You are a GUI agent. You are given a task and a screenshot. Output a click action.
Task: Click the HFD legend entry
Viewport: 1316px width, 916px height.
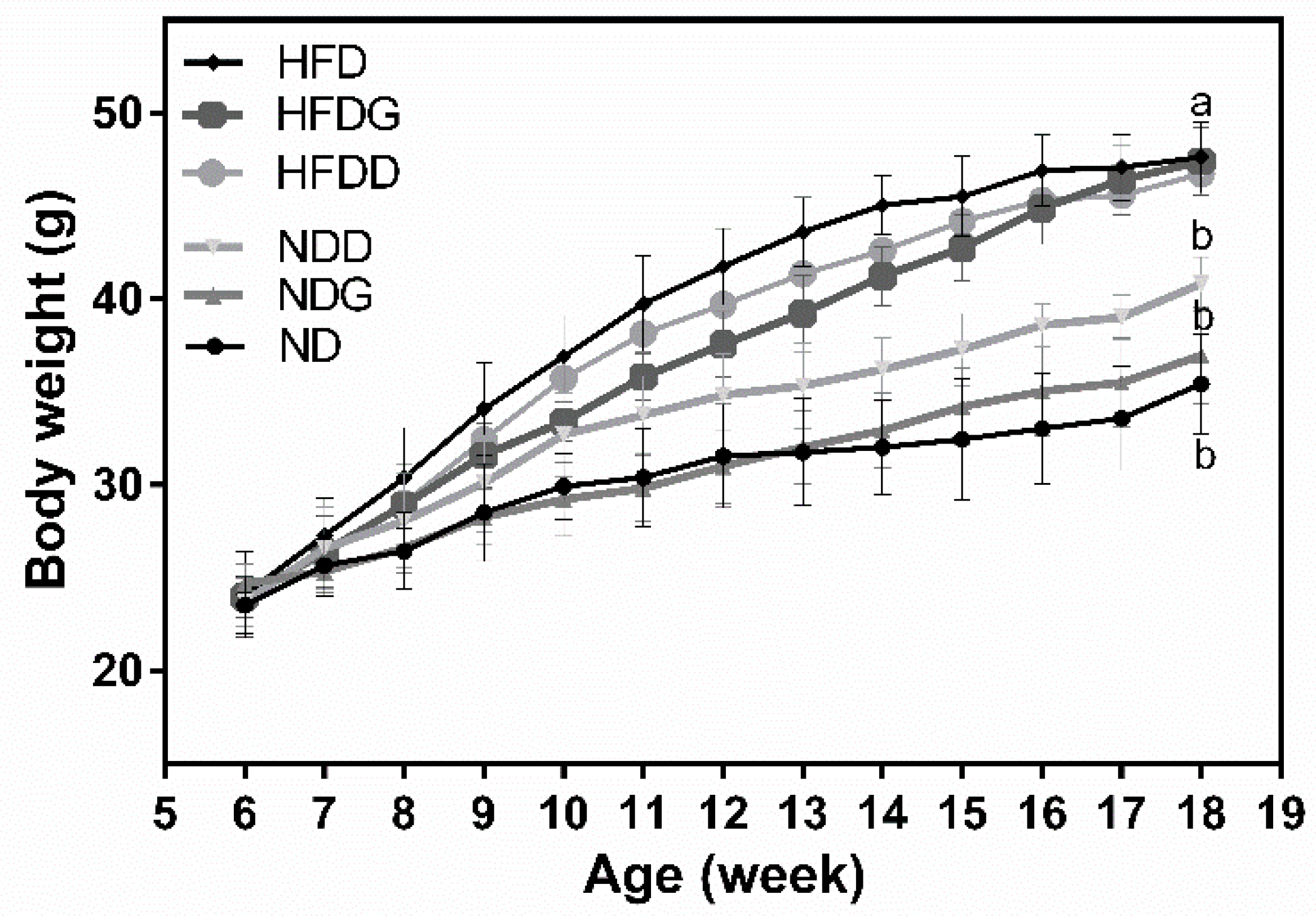pos(322,63)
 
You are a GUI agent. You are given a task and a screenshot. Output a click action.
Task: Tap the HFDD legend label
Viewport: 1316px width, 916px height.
pos(338,172)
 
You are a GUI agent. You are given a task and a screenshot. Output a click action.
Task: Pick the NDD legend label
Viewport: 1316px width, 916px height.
pos(325,247)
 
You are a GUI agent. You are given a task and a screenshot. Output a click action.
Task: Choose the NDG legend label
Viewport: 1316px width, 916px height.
pos(325,295)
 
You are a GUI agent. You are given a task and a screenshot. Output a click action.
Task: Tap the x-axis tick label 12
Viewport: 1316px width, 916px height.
pos(723,813)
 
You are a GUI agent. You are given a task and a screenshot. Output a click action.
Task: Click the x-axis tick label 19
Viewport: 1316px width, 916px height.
pos(1282,813)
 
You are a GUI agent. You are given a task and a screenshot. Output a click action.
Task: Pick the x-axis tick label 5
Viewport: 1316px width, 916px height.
pos(165,813)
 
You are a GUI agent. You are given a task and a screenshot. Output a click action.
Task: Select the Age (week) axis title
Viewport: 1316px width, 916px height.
pos(723,876)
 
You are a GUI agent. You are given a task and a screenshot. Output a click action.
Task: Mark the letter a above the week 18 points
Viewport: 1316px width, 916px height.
pos(1201,105)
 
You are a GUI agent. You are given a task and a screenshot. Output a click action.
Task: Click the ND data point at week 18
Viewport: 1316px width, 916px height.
pos(1202,384)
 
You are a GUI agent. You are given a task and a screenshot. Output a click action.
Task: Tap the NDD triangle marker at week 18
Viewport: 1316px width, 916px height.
pos(1202,282)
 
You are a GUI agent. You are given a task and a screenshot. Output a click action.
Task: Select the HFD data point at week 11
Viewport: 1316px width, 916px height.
pos(643,303)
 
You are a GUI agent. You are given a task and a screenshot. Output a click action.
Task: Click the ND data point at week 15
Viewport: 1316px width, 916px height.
pos(963,439)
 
